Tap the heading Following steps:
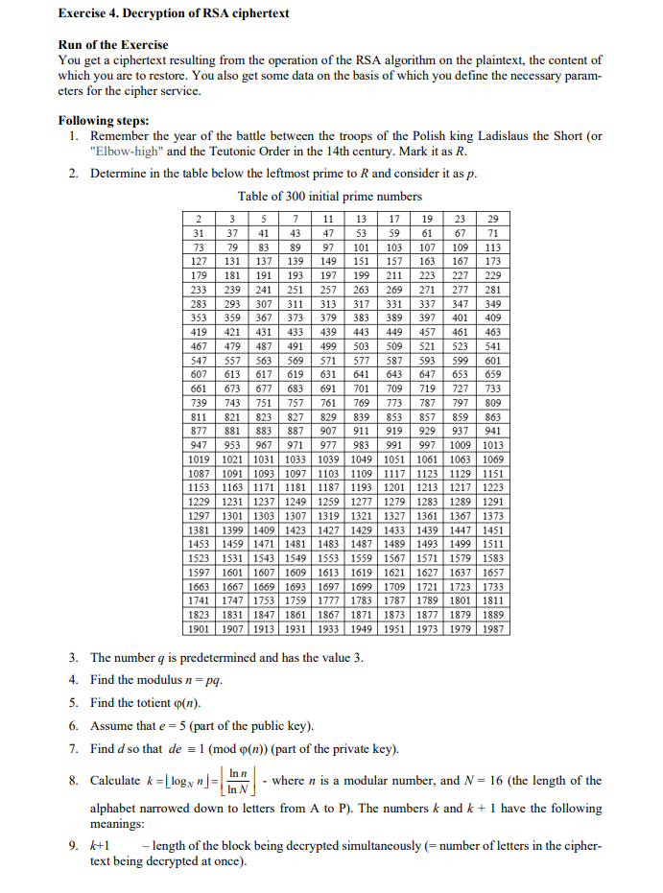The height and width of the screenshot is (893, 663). point(104,121)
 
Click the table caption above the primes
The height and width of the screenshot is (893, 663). point(330,196)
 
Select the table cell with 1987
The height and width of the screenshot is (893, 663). point(493,628)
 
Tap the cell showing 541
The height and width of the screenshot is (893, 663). point(493,345)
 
